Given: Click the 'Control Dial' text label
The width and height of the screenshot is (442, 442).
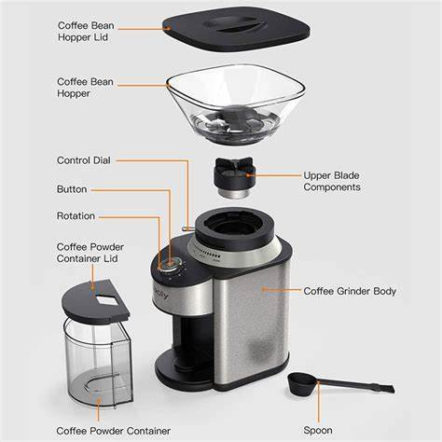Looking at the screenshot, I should tap(84, 160).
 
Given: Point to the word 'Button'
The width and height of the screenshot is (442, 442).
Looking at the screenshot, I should tap(74, 188).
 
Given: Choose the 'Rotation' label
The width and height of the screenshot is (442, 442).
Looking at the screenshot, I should tap(76, 216).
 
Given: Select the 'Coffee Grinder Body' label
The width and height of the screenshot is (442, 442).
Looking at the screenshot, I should tap(350, 291).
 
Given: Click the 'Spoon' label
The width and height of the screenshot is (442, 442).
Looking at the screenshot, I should tap(317, 431).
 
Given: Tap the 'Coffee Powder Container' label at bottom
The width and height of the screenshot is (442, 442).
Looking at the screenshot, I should tap(112, 431).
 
